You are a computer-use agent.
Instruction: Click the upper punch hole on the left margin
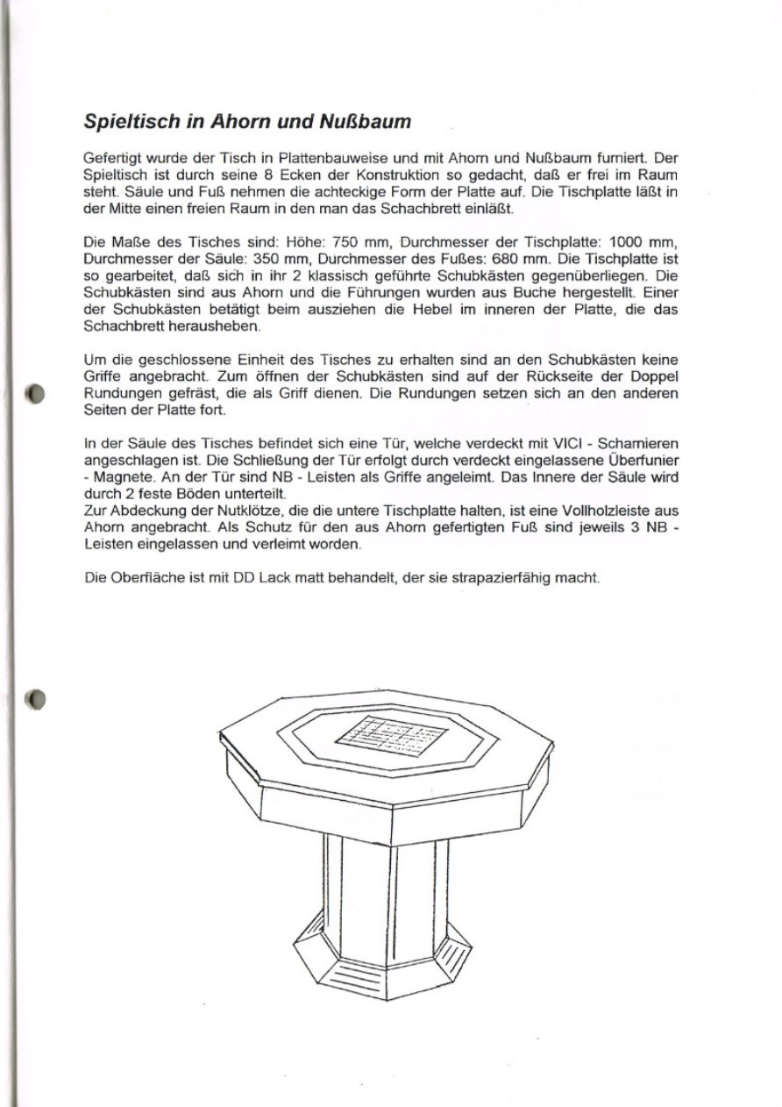click(35, 392)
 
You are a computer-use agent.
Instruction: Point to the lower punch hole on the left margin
click(35, 699)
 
